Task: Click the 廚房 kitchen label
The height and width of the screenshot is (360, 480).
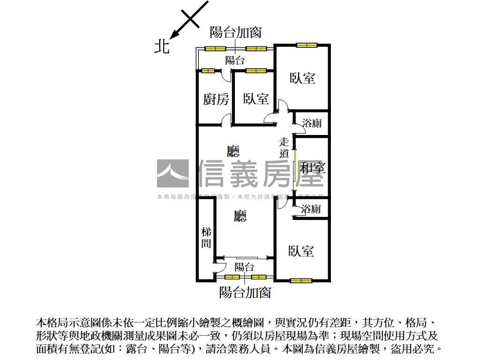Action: click(216, 99)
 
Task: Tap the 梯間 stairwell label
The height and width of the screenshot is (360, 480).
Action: click(206, 238)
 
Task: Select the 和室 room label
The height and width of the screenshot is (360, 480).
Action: click(313, 168)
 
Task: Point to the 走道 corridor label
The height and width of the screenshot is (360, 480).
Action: click(284, 147)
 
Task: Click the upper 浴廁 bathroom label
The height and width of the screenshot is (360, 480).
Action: click(311, 124)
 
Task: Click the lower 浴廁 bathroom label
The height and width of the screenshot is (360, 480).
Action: click(311, 209)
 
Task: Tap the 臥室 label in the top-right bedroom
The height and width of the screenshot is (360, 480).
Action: click(302, 78)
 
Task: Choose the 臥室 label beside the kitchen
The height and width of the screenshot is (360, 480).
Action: click(255, 99)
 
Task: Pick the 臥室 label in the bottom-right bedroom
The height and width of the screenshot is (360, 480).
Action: click(301, 251)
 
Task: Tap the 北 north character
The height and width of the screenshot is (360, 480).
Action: click(162, 46)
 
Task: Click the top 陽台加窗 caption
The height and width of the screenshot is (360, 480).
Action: click(235, 32)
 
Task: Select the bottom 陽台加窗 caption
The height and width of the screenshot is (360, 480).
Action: click(245, 292)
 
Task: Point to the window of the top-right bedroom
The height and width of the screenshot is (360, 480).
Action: click(307, 45)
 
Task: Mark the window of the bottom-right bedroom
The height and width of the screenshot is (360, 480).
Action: click(300, 281)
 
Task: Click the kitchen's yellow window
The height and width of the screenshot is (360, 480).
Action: click(208, 71)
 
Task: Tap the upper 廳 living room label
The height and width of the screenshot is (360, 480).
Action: click(233, 151)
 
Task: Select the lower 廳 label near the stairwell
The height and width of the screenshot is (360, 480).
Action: click(240, 216)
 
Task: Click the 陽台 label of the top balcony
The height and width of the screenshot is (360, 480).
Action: click(235, 60)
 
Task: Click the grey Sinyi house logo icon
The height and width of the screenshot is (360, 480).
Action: click(172, 173)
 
